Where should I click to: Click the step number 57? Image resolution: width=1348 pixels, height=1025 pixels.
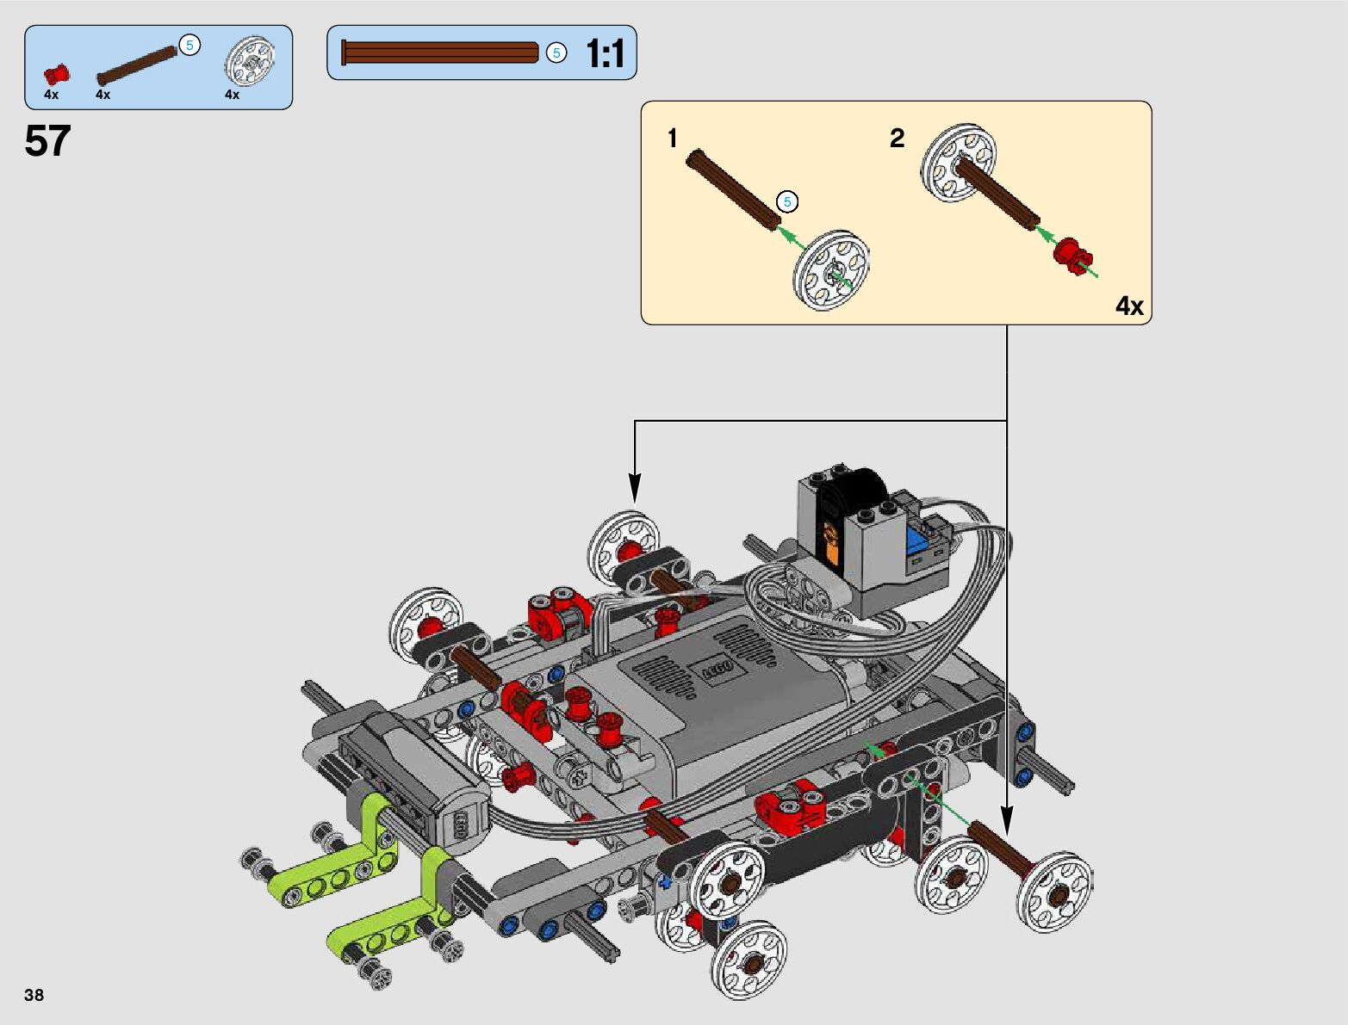pos(48,140)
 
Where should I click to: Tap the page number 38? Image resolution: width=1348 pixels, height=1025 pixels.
pos(34,995)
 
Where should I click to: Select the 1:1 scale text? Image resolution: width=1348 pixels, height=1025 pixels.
pos(605,53)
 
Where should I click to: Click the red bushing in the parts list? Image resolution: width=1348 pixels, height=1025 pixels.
pos(56,74)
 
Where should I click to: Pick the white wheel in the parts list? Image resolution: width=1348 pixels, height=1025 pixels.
pos(249,61)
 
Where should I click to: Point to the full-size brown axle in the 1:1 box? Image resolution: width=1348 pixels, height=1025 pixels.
pos(439,52)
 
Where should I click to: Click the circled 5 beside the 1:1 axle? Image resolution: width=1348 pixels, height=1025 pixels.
pos(556,52)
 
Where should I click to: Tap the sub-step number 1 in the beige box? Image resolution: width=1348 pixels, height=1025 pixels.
pos(673,138)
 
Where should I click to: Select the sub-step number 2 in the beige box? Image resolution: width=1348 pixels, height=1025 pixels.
pos(897,138)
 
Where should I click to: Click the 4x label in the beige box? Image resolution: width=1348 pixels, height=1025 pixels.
pos(1129,306)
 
